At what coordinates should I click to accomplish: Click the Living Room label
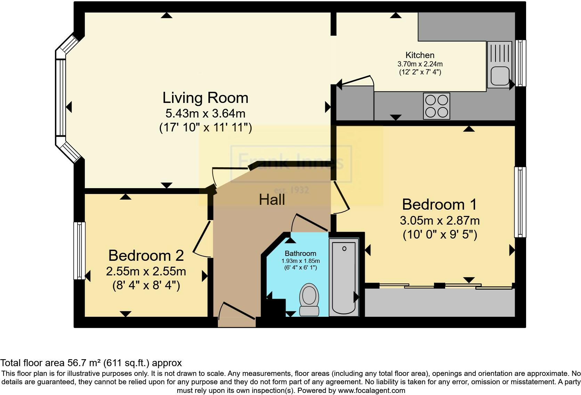click(205, 98)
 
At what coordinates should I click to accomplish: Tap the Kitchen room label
click(420, 55)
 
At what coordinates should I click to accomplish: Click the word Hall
click(272, 200)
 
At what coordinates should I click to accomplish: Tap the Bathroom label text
click(300, 253)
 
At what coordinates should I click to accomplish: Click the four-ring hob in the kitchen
click(436, 106)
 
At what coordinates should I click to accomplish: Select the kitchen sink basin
click(500, 76)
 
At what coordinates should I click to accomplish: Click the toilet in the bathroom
click(309, 299)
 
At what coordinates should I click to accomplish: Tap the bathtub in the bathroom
click(344, 277)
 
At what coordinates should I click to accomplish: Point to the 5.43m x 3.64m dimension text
click(205, 113)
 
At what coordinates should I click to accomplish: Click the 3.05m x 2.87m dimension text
click(440, 220)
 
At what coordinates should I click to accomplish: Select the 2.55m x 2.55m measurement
click(146, 272)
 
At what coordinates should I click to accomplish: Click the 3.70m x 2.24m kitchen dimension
click(420, 64)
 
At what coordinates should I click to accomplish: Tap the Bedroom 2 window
click(79, 250)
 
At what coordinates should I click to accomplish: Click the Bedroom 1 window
click(520, 202)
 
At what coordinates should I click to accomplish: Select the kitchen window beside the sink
click(521, 63)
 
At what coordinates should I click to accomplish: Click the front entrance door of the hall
click(237, 314)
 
